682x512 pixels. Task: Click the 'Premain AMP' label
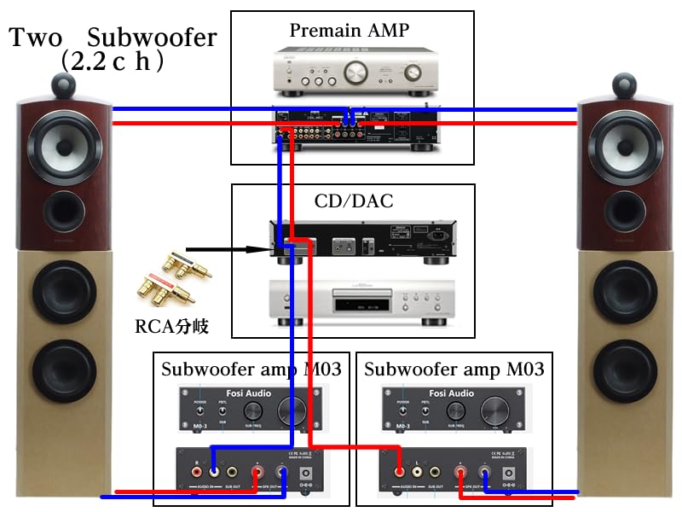350,31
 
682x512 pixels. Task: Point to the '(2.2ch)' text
113,62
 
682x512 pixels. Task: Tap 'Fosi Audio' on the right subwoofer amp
453,393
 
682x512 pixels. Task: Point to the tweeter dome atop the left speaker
65,84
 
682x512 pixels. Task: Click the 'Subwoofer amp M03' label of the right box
454,369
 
